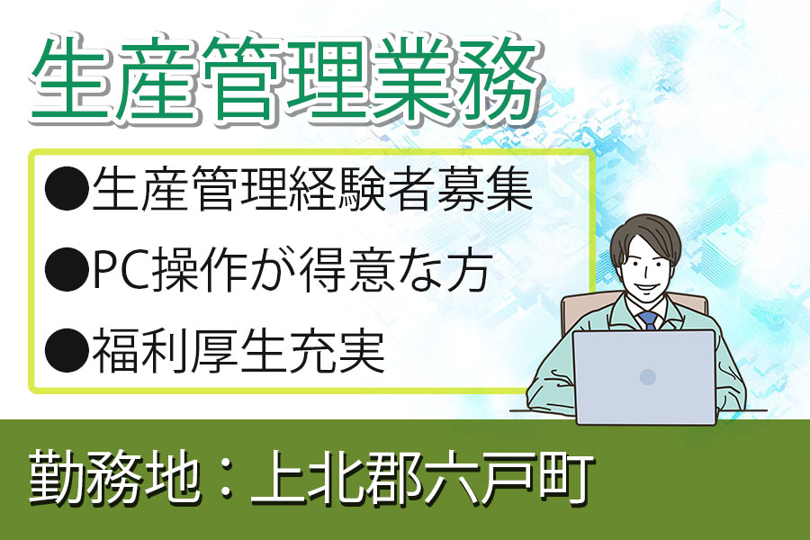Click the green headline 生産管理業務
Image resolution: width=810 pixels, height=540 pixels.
point(283,80)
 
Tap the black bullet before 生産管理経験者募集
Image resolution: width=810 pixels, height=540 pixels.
point(66,189)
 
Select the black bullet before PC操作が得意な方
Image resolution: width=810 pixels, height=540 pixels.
point(66,270)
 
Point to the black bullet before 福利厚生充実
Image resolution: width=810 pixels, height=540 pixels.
point(66,351)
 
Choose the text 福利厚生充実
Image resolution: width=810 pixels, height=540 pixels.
point(238,351)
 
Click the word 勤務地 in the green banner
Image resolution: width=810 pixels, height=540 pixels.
point(113,476)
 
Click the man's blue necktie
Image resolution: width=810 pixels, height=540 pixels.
point(648,320)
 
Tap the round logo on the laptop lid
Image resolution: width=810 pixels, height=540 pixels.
point(648,377)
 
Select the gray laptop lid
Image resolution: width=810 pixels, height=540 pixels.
point(644,377)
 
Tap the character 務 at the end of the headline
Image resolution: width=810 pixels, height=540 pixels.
point(496,80)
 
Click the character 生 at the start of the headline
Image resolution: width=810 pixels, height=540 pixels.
point(71,80)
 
